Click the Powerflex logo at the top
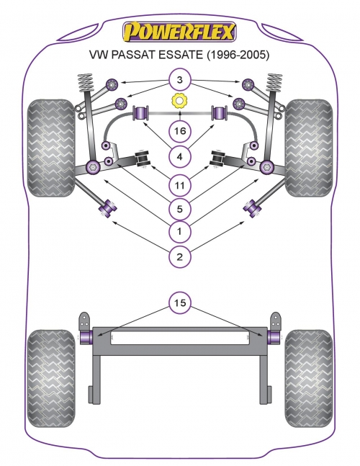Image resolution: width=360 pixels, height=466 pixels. [x=179, y=32]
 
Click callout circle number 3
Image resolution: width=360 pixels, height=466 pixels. [x=180, y=80]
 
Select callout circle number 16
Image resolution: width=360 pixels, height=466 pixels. [x=180, y=131]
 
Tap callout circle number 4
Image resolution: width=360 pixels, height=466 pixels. [x=180, y=156]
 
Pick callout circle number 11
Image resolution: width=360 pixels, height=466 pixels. [x=180, y=185]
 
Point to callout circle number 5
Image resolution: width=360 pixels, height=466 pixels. [x=180, y=209]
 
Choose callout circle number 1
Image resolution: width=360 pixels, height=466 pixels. [x=180, y=231]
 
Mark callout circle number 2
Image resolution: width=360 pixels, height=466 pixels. [x=180, y=256]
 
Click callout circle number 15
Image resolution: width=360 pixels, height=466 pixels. [x=180, y=303]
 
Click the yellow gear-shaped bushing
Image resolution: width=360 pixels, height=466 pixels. [x=180, y=102]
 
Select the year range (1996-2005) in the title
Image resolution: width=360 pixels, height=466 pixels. [x=238, y=55]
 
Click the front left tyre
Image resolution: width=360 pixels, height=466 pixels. [x=51, y=148]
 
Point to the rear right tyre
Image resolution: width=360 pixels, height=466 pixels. [x=309, y=377]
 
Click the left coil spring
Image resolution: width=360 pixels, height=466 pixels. [x=85, y=82]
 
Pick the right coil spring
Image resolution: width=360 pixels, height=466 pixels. [x=274, y=82]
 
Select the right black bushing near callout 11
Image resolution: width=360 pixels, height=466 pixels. [x=218, y=158]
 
